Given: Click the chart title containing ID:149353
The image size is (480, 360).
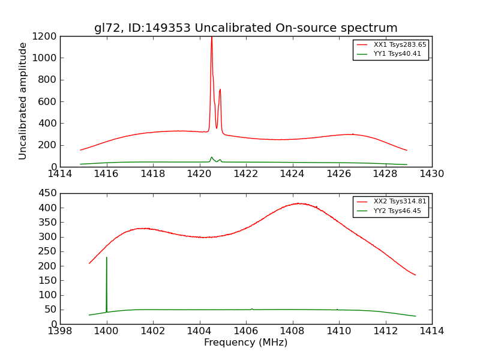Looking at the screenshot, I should (245, 28).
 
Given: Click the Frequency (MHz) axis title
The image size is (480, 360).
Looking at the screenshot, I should (245, 343).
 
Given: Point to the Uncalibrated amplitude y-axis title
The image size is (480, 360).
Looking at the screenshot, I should (23, 101).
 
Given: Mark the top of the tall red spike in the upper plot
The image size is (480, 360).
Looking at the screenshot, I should (211, 37).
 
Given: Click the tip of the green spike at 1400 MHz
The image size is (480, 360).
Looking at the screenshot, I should (107, 257).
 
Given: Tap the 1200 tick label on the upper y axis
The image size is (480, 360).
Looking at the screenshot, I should (46, 36).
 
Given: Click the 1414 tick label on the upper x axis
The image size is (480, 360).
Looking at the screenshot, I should (60, 174).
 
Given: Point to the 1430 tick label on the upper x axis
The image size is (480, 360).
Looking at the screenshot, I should (432, 174).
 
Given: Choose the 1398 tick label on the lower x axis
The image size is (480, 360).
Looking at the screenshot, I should (60, 331).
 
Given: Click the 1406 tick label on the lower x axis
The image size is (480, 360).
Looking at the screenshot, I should (245, 331).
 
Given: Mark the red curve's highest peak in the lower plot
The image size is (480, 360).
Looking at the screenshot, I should (300, 203).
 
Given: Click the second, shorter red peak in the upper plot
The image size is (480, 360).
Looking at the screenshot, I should (220, 89).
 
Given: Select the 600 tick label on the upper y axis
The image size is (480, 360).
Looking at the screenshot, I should (48, 101).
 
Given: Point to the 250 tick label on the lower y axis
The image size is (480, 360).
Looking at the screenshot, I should (48, 251).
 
